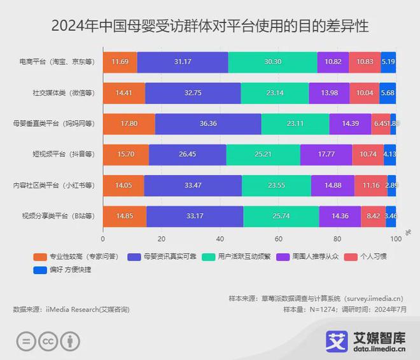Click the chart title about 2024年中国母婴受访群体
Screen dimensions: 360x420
click(x=209, y=26)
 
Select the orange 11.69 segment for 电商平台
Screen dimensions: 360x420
click(x=120, y=62)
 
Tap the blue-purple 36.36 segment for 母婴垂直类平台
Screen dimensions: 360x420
click(x=208, y=124)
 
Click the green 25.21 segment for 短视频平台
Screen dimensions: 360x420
click(x=263, y=155)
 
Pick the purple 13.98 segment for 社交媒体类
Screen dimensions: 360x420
click(x=329, y=93)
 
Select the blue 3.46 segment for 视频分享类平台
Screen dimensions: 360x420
click(x=391, y=216)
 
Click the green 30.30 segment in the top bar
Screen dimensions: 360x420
click(x=272, y=62)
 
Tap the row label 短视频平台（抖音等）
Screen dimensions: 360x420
click(x=63, y=155)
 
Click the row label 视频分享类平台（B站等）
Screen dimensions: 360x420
click(x=58, y=216)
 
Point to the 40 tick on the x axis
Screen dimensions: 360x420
click(x=220, y=239)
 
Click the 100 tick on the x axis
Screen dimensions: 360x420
click(x=396, y=239)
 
